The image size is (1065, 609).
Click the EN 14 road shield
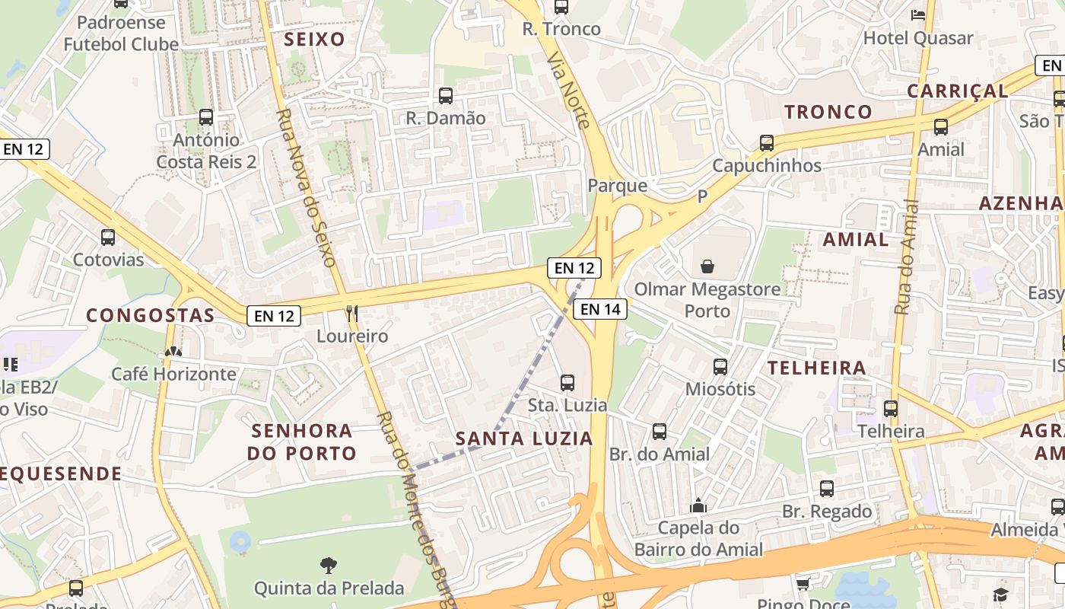(600, 308)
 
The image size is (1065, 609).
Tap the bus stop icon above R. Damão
(446, 96)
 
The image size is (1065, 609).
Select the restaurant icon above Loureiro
(351, 314)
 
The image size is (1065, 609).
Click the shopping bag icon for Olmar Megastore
(707, 266)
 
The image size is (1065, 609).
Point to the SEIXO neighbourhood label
(315, 40)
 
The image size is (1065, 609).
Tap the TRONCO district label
(828, 112)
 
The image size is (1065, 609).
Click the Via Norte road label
(568, 90)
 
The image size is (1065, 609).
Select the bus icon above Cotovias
(108, 238)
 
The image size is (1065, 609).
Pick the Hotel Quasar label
(918, 38)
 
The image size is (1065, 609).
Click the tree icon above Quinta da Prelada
(329, 566)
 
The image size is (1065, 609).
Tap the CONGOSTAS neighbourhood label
(150, 315)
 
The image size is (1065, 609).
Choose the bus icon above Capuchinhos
(767, 143)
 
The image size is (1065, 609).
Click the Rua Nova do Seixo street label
(307, 187)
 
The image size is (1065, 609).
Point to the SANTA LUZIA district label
(524, 438)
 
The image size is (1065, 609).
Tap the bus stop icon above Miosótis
(720, 367)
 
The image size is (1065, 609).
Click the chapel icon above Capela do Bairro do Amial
(698, 505)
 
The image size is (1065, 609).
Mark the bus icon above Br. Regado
(827, 489)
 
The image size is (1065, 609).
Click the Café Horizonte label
(174, 374)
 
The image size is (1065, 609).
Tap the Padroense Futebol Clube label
(120, 33)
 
